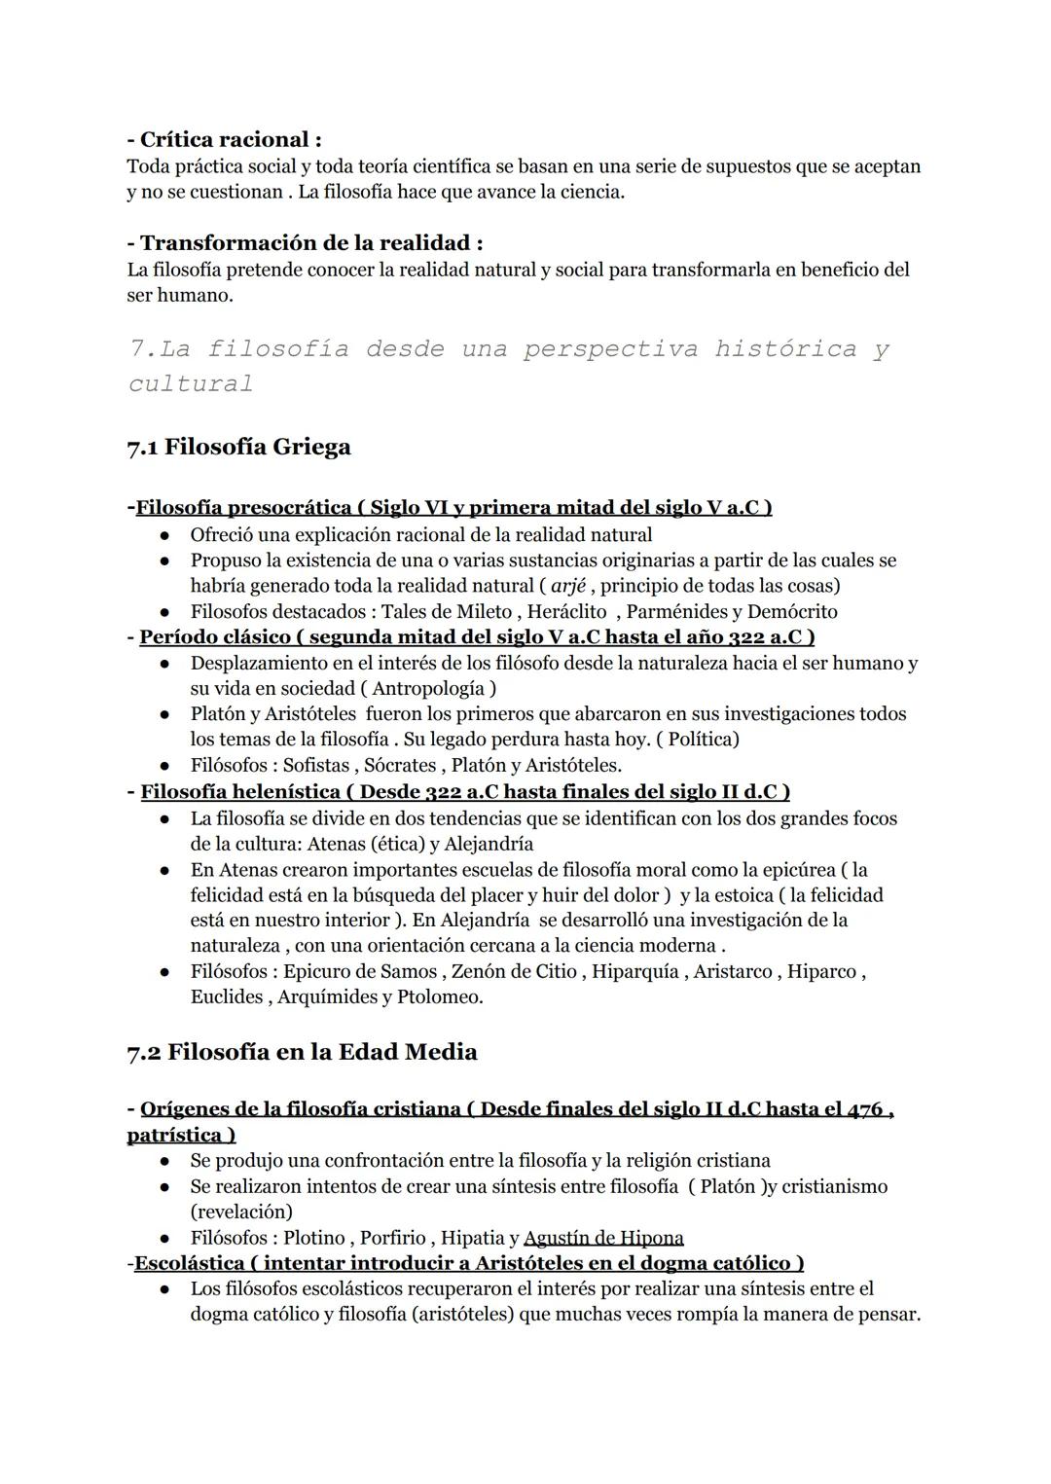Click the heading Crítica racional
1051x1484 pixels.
tap(224, 139)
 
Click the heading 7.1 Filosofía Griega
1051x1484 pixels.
tap(238, 447)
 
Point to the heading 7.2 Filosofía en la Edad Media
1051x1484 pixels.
tap(302, 1052)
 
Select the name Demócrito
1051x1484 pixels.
tap(791, 611)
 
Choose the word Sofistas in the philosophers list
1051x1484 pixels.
tap(315, 765)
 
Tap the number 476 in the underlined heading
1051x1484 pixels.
tap(864, 1109)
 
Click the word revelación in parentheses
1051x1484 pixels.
tap(241, 1212)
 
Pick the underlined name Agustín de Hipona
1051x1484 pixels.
tap(603, 1238)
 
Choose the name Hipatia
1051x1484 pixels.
tap(472, 1238)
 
